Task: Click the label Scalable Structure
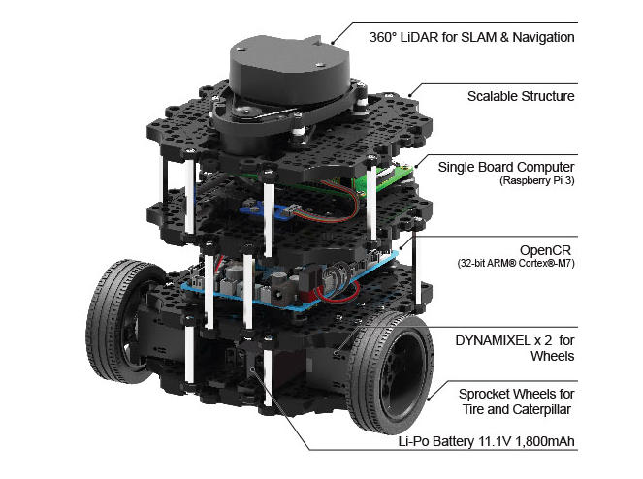(x=520, y=96)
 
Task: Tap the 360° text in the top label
(x=386, y=38)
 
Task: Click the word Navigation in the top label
(x=541, y=38)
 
